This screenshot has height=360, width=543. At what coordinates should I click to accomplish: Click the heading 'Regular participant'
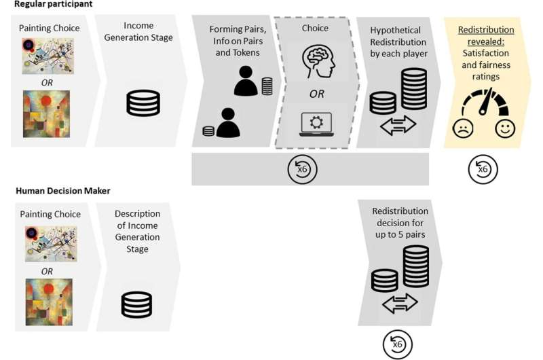point(53,4)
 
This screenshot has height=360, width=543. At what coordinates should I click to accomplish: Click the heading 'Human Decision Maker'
point(63,191)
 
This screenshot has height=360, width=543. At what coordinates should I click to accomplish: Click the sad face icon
point(463,128)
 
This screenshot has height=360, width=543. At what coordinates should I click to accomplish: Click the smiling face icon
point(505,128)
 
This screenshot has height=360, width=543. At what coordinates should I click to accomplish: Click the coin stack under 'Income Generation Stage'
point(143,103)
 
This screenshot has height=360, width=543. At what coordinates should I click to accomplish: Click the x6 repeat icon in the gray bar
point(302,169)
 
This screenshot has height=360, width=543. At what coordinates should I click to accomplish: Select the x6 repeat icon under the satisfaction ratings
point(483,169)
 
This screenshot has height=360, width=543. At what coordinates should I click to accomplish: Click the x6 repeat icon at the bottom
point(398,344)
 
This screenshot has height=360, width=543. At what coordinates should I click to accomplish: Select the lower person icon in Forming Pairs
point(227,124)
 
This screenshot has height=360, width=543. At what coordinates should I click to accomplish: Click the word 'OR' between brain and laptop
point(316,94)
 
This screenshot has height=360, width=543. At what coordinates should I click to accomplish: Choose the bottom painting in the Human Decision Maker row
point(49,302)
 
